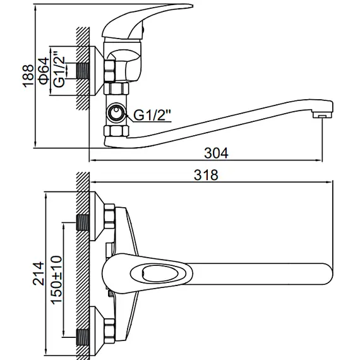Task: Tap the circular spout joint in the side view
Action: pos(116,113)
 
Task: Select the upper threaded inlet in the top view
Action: pos(83,223)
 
